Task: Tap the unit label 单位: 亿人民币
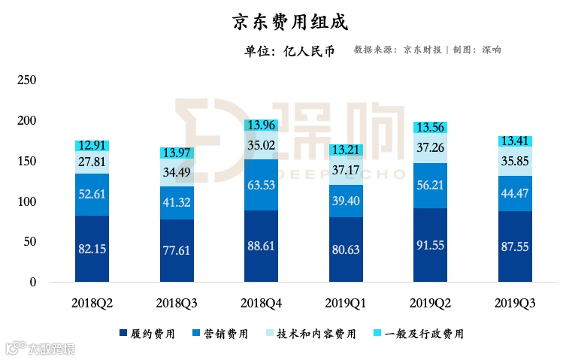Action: (x=289, y=51)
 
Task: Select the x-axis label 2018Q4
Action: (x=262, y=303)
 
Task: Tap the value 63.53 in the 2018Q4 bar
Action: (x=262, y=185)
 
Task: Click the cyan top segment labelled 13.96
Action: (x=262, y=125)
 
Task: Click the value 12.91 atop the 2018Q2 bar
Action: (x=92, y=146)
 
